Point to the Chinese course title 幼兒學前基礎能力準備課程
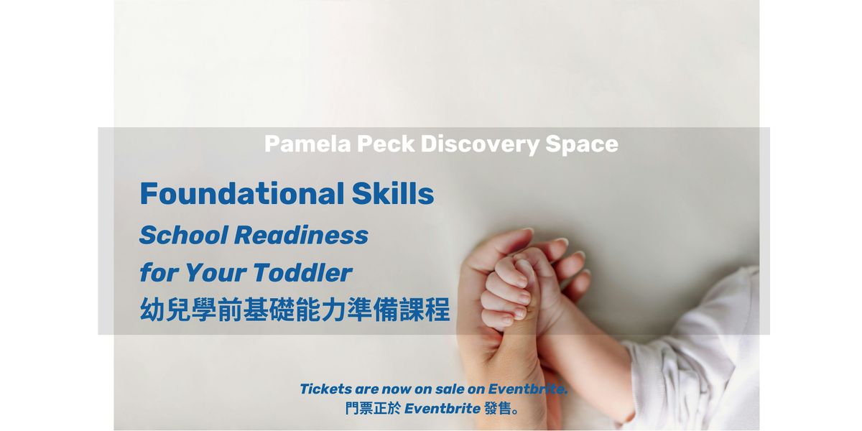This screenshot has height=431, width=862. tap(295, 310)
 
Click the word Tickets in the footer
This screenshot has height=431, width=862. tap(325, 389)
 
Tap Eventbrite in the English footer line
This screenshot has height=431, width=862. tap(527, 389)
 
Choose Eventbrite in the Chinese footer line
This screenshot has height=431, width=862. tap(442, 408)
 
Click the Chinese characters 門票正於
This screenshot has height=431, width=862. tap(373, 408)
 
